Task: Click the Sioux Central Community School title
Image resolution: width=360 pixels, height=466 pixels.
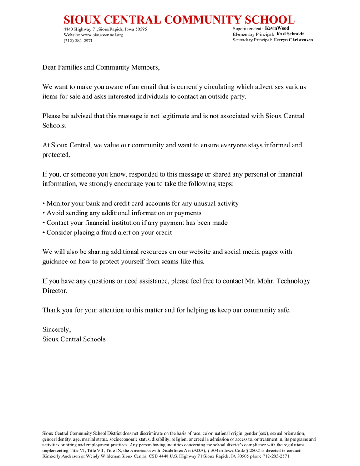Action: point(179,20)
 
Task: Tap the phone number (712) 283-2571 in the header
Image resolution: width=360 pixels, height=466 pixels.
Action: point(78,41)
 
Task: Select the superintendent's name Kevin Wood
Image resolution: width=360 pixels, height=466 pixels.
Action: point(277,28)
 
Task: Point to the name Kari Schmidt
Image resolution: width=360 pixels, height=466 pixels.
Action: point(290,34)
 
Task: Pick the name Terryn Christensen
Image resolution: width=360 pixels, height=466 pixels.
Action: point(293,40)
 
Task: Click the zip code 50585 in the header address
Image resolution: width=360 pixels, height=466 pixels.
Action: point(141,30)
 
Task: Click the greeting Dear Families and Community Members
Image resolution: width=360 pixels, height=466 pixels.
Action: point(101,67)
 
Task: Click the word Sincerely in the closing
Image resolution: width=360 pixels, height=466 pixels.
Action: point(56,329)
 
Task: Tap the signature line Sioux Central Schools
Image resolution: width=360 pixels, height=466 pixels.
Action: point(74,339)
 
